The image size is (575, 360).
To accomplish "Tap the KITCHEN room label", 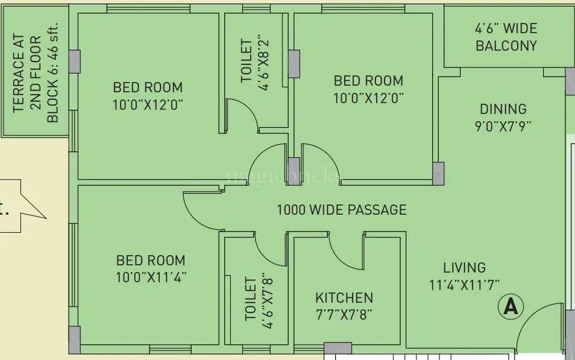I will [344, 298].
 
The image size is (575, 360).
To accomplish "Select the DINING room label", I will [503, 109].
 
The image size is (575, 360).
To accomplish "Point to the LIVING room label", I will [464, 267].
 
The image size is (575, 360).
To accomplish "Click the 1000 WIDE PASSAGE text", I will [341, 210].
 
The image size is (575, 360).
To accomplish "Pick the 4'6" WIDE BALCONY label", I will [506, 37].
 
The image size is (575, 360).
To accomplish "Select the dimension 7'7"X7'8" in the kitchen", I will [344, 315].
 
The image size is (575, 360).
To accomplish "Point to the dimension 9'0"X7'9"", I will [503, 126].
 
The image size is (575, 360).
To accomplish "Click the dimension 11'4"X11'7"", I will [464, 284].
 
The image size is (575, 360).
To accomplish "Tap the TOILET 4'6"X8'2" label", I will [255, 65].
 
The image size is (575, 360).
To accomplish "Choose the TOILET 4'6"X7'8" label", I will [259, 303].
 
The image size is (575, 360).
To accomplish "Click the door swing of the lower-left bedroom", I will [202, 209].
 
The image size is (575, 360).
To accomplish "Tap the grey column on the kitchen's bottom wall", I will [338, 349].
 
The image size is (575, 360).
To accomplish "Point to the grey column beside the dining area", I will [439, 173].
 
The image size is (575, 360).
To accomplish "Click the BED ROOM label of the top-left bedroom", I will [148, 87].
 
